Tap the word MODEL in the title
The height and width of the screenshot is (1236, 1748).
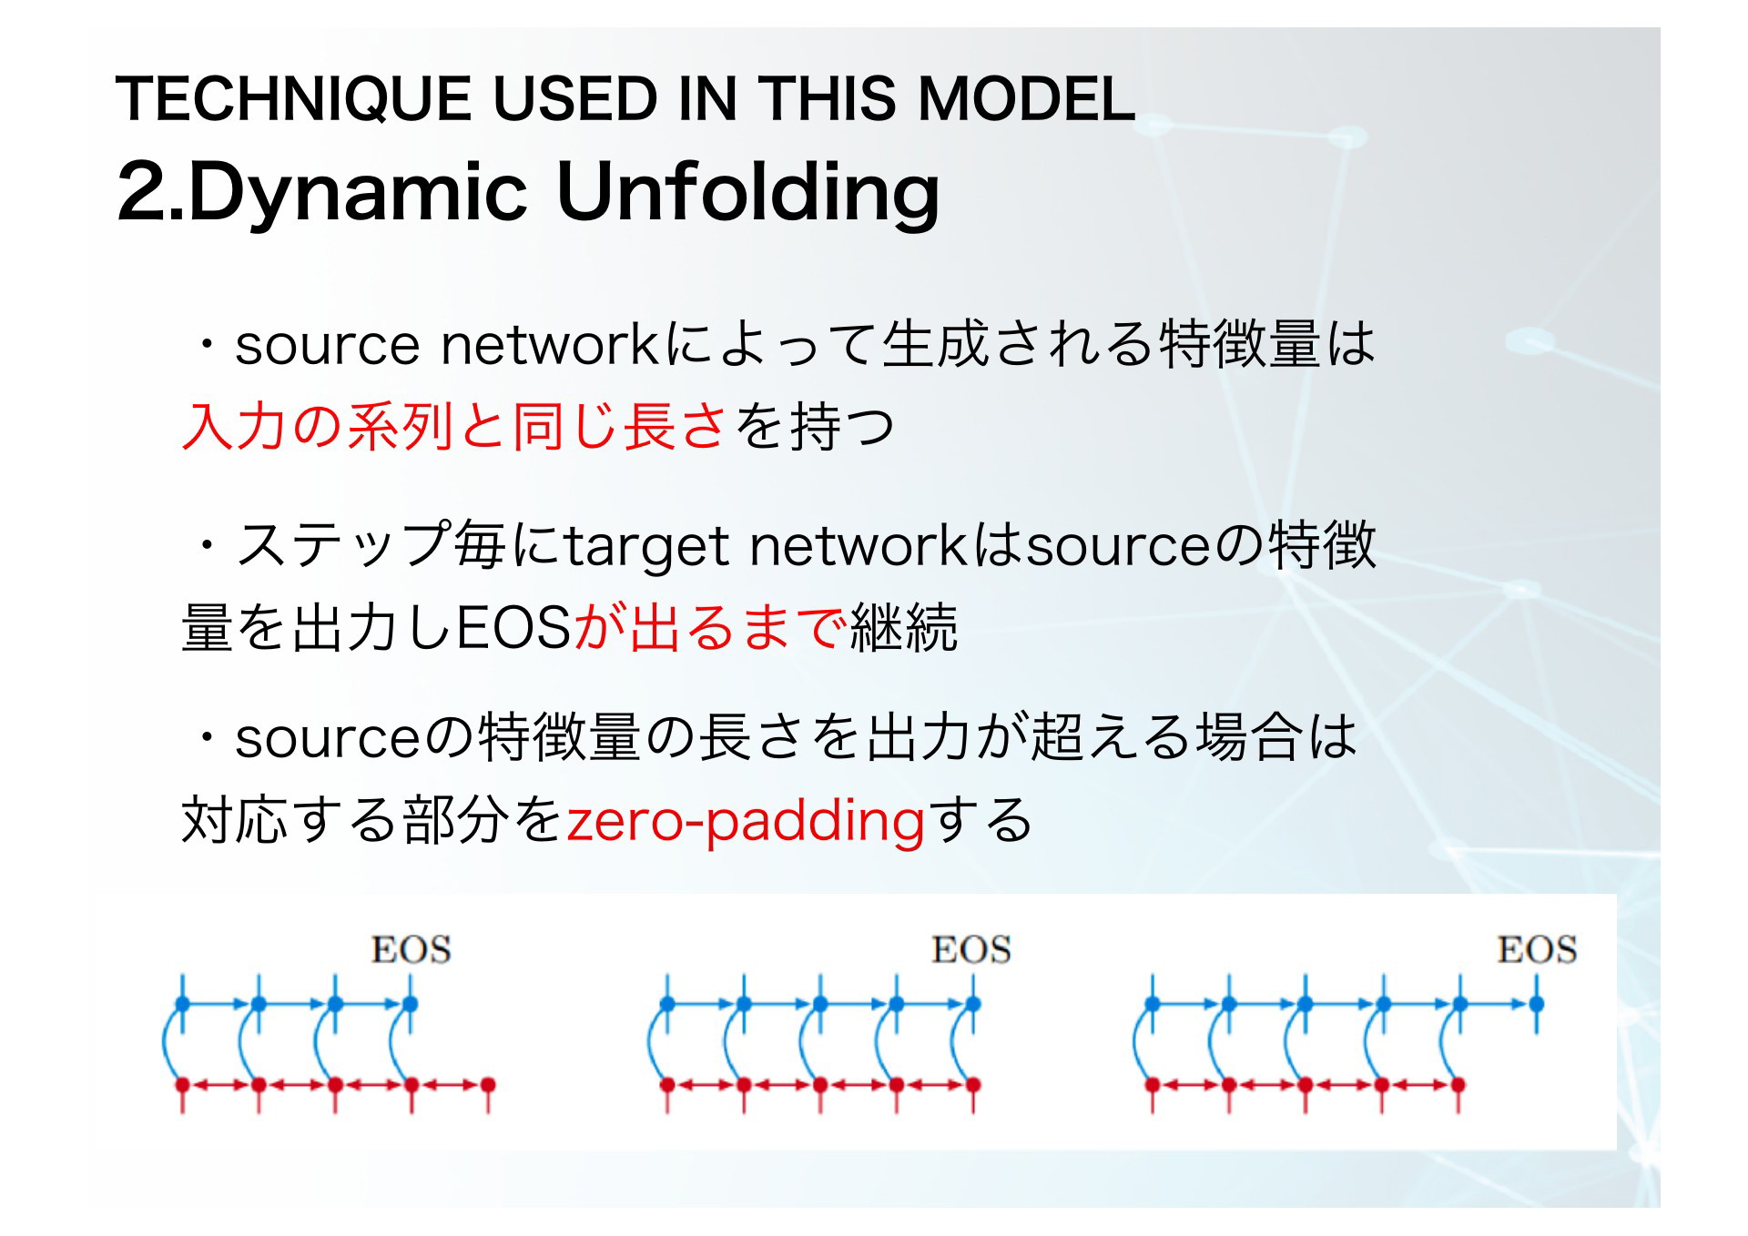point(1026,98)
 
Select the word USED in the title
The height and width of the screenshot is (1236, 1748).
point(574,98)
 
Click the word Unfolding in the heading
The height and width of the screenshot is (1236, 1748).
point(747,194)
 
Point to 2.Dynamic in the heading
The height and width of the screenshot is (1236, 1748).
point(322,194)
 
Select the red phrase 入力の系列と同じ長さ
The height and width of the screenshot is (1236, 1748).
point(454,427)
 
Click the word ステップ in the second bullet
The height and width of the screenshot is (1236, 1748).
point(342,544)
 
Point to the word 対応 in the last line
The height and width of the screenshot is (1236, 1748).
point(236,819)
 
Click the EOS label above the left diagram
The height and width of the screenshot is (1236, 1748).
point(411,949)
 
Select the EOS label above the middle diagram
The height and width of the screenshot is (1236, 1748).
point(971,949)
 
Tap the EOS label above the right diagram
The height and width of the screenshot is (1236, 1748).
point(1537,949)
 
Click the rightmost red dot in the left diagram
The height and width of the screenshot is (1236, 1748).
point(488,1085)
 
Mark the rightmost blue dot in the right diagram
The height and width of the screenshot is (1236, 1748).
point(1537,1005)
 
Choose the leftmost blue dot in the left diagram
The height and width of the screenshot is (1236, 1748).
point(182,1005)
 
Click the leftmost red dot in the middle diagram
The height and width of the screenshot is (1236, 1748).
point(666,1085)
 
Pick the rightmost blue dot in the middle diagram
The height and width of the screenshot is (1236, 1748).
point(972,1005)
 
